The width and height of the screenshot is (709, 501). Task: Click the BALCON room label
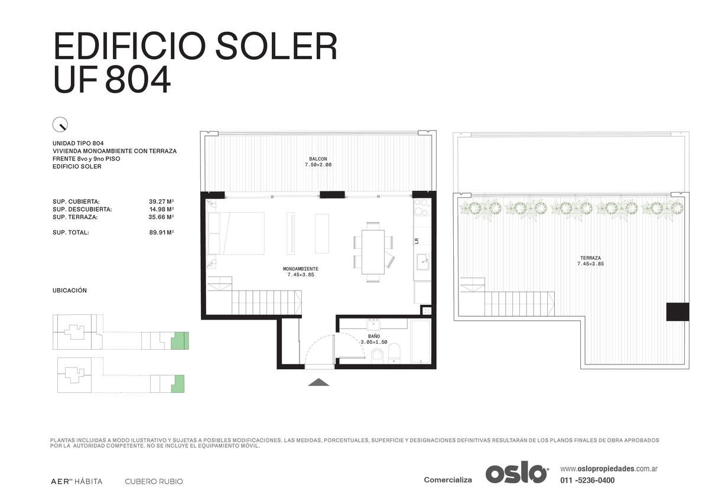(318, 159)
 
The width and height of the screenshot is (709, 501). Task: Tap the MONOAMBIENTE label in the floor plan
(301, 269)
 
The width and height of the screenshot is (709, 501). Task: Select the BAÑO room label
(374, 336)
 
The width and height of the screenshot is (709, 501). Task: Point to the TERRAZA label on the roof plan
(590, 258)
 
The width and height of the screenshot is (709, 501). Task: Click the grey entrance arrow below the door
(318, 382)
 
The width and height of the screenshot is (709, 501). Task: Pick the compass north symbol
(60, 125)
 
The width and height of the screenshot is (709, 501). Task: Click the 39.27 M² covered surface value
(161, 201)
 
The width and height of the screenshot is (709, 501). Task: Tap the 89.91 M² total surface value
(161, 232)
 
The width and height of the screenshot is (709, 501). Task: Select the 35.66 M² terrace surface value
(161, 217)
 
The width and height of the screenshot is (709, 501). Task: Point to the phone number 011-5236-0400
(587, 480)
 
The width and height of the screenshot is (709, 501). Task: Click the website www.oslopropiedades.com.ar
(609, 469)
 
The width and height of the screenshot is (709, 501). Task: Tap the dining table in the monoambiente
(373, 252)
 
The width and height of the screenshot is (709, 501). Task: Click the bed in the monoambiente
(236, 233)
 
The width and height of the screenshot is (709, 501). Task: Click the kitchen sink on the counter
(422, 262)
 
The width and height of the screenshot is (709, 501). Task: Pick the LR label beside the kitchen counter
(417, 241)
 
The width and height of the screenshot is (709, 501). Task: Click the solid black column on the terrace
(678, 312)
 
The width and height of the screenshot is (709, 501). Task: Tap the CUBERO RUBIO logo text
(154, 482)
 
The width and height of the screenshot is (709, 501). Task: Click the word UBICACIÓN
(70, 290)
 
